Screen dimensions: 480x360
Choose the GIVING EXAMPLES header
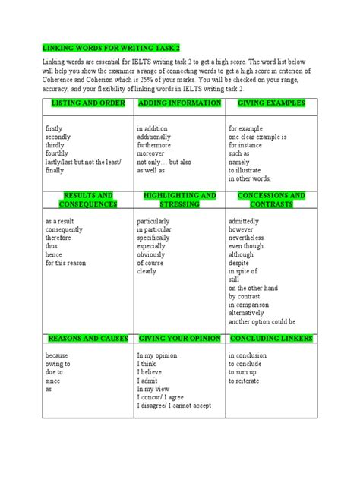(x=271, y=103)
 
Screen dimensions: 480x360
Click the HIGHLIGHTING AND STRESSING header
(x=180, y=199)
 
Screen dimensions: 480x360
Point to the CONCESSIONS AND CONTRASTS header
(x=271, y=199)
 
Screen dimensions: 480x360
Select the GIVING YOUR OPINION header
(x=180, y=337)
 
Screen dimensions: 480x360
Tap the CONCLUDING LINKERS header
(x=271, y=337)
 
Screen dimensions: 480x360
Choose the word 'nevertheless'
(x=248, y=237)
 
